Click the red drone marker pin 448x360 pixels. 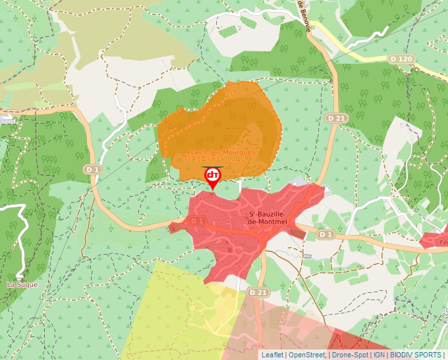(213, 176)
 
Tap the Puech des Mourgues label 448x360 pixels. (221, 152)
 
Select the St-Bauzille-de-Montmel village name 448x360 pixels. (269, 218)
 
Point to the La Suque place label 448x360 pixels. (22, 284)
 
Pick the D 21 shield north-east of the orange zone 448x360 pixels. (336, 118)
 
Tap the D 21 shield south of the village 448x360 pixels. (258, 292)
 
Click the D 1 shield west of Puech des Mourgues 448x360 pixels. (92, 170)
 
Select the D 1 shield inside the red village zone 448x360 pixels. (197, 221)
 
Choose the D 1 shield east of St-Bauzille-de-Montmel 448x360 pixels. (325, 234)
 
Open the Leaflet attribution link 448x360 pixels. (272, 355)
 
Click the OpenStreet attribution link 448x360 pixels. (307, 355)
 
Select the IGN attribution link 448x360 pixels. (379, 355)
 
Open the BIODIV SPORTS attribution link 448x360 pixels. (416, 355)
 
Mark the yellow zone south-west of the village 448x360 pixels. (171, 309)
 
